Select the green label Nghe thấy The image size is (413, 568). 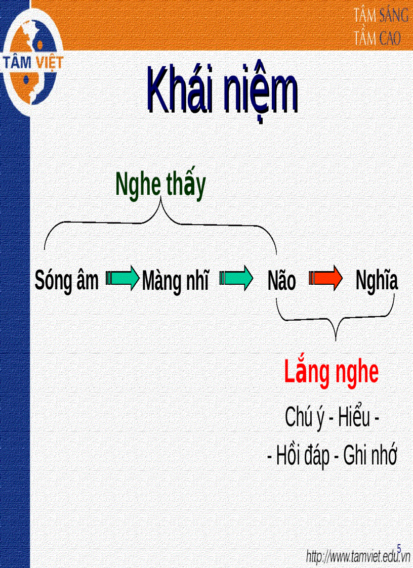[160, 186]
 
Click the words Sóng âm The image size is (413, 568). [67, 281]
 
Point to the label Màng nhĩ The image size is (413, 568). [175, 281]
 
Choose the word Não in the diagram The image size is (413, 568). [281, 281]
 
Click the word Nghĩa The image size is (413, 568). [377, 281]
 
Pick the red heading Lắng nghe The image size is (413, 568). [331, 373]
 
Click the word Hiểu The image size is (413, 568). [354, 418]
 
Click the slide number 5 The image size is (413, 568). [399, 548]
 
